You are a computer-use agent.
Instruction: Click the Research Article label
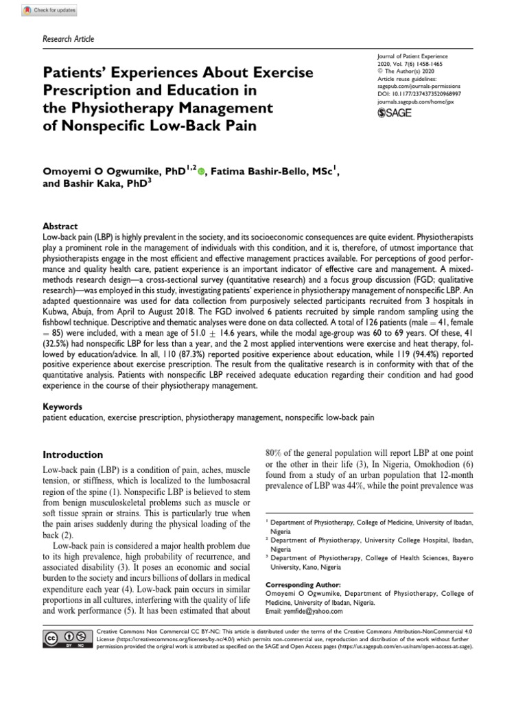(68, 38)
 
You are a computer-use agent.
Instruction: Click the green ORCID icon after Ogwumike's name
(200, 156)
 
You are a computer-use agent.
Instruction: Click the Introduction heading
(73, 454)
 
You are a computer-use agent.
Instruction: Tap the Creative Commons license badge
(67, 638)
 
